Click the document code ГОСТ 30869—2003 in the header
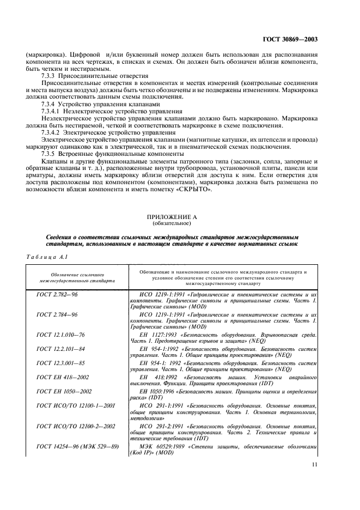[290, 39]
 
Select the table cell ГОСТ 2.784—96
[57, 314]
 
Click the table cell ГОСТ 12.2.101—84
[60, 348]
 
